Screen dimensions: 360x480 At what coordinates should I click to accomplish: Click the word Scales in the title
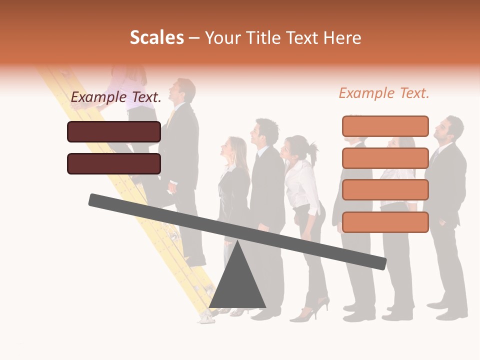pyautogui.click(x=156, y=37)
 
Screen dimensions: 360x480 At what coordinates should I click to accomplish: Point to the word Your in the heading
pyautogui.click(x=223, y=37)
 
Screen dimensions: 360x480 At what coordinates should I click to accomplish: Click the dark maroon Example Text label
pyautogui.click(x=116, y=97)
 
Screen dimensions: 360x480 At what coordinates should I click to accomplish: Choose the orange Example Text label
pyautogui.click(x=384, y=93)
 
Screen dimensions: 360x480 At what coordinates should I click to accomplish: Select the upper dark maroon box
pyautogui.click(x=114, y=131)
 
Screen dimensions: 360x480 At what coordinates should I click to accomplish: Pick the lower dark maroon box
pyautogui.click(x=114, y=163)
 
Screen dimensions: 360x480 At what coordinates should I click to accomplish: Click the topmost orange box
pyautogui.click(x=385, y=126)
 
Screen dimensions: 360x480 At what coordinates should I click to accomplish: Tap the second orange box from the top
pyautogui.click(x=385, y=158)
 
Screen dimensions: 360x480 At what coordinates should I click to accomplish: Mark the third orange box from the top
pyautogui.click(x=385, y=190)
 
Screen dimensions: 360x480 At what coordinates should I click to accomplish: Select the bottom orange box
pyautogui.click(x=385, y=222)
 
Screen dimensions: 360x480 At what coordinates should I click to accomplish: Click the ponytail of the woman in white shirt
pyautogui.click(x=313, y=150)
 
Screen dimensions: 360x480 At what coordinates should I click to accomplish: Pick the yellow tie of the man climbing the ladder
pyautogui.click(x=171, y=117)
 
